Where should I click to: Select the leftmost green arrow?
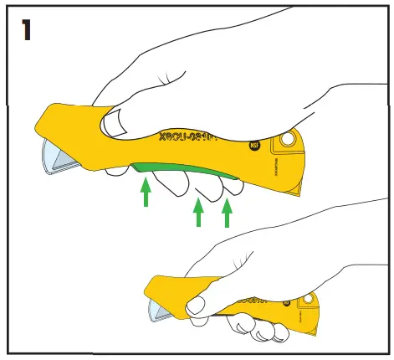(x=146, y=195)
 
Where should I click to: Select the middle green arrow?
(x=198, y=213)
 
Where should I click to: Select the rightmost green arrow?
(x=227, y=213)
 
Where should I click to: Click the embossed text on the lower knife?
(x=251, y=299)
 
